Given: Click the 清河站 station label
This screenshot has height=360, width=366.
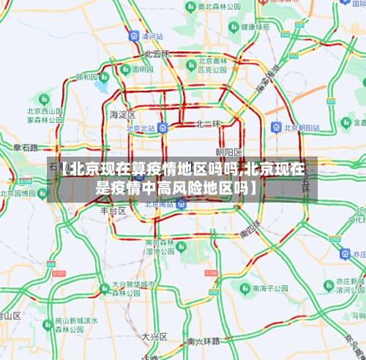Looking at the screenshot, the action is tap(152, 35).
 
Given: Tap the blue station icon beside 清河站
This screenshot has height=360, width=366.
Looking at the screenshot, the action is tap(133, 35).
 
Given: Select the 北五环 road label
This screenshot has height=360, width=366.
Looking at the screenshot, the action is tap(156, 53).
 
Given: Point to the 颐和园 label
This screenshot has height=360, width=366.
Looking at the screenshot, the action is tap(86, 77).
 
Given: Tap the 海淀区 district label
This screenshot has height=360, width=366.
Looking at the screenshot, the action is tap(122, 115).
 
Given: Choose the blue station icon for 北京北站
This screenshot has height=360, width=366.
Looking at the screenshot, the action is tap(163, 127).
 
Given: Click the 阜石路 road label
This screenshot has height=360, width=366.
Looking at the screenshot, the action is tap(26, 147).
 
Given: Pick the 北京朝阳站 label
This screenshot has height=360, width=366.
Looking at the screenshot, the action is tap(299, 127).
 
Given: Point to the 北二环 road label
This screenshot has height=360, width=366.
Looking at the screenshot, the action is tap(208, 124).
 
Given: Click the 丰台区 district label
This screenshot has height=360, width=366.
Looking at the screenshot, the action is tap(113, 211).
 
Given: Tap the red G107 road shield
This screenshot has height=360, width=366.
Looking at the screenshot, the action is tap(60, 273).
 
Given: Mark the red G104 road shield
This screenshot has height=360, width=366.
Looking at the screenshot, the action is tap(211, 272).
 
